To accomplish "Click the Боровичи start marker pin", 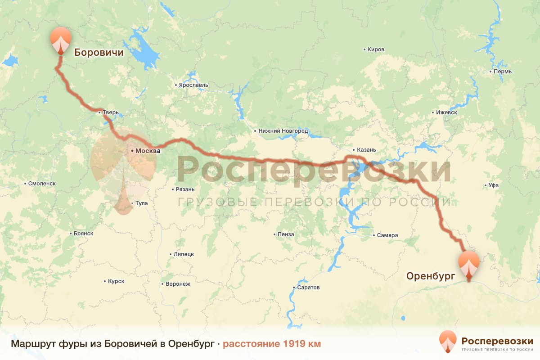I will coord(61,40).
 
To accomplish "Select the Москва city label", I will coord(148,151).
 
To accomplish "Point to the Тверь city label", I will coord(111,112).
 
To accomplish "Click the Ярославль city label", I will coord(193,85).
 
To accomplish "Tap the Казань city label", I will coord(366,150).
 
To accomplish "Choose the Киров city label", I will coord(376,49).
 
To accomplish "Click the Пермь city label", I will coord(502,72).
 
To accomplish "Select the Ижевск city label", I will coord(446,112).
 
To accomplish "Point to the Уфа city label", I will coord(494,185).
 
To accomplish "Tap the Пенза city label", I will coord(286,234).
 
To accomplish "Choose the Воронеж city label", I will coord(178,284).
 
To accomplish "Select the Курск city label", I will coord(116,281).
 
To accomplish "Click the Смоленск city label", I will coord(42,184).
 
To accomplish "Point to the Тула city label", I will coord(141,203).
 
